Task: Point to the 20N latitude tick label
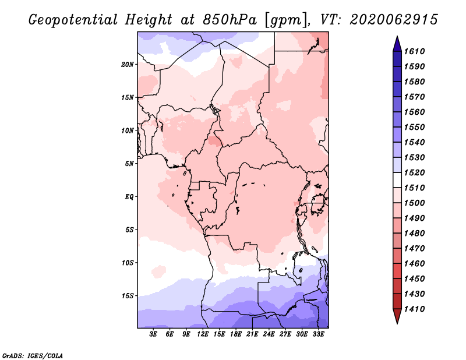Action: pyautogui.click(x=128, y=64)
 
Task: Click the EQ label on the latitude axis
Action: pyautogui.click(x=129, y=197)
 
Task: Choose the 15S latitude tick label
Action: pyautogui.click(x=128, y=296)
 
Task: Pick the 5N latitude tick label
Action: pyautogui.click(x=129, y=164)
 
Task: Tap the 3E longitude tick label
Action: pyautogui.click(x=154, y=335)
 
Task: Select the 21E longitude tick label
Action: pyautogui.click(x=253, y=335)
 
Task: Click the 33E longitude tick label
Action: pyautogui.click(x=319, y=335)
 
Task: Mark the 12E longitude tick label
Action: pyautogui.click(x=203, y=335)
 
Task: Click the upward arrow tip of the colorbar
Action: pyautogui.click(x=397, y=38)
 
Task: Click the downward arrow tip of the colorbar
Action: pyautogui.click(x=397, y=322)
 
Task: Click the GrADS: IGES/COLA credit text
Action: pyautogui.click(x=33, y=355)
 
